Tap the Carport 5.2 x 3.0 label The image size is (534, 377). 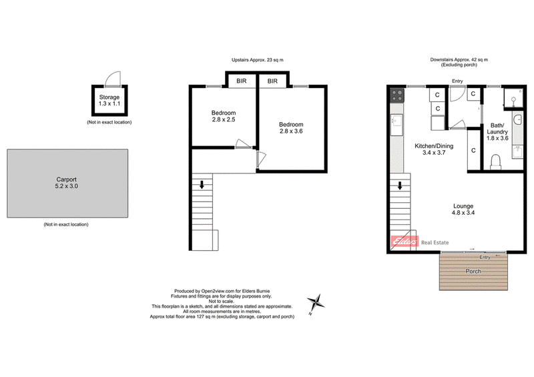tap(67, 183)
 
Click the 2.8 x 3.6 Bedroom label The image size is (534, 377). tap(291, 128)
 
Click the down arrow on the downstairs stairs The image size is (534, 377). tap(400, 185)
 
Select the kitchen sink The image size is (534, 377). tap(395, 122)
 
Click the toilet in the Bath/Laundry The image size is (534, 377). tap(495, 162)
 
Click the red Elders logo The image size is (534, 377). tap(404, 243)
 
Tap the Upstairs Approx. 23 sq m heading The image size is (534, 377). tap(258, 61)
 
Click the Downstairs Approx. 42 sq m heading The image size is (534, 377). tap(459, 60)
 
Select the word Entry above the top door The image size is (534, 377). tap(457, 81)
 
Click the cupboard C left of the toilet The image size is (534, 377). tap(473, 150)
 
